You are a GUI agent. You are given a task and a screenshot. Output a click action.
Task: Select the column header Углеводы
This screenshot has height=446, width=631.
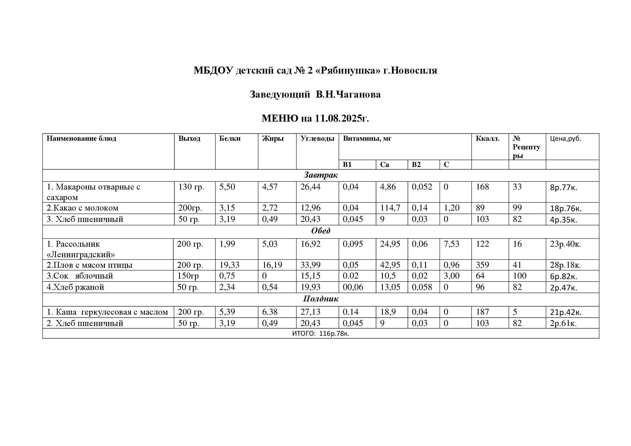(x=317, y=138)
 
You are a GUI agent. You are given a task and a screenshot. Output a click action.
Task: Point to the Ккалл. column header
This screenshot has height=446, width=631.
(x=487, y=138)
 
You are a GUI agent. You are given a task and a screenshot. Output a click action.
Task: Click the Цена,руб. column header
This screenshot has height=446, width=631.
(x=565, y=139)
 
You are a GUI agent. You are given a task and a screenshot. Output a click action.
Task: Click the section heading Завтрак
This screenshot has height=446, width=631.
(x=320, y=175)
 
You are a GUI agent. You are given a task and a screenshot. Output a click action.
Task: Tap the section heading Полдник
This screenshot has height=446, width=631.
(x=320, y=299)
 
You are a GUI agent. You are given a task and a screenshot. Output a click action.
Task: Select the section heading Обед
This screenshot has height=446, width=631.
(x=320, y=231)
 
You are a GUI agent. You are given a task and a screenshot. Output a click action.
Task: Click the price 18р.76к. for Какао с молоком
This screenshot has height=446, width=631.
(x=566, y=208)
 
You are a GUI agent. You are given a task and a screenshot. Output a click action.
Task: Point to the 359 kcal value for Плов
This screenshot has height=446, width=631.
(x=482, y=265)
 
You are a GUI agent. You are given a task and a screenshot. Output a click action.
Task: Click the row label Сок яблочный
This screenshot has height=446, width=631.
(x=80, y=276)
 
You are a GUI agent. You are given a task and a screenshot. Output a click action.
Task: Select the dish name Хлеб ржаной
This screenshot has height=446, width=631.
(x=75, y=287)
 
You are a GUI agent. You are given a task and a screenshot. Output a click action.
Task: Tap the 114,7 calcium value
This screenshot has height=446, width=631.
(x=390, y=208)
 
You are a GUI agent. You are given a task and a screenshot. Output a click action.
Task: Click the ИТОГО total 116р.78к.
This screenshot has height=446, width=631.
(x=320, y=334)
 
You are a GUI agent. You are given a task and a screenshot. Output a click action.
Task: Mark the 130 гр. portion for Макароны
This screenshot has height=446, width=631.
(x=191, y=187)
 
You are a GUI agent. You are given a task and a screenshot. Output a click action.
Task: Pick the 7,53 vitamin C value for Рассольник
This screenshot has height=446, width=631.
(x=451, y=244)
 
